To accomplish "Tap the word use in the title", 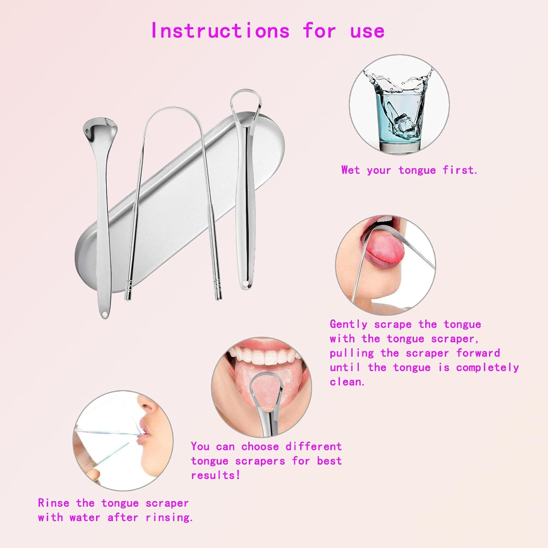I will pyautogui.click(x=367, y=31).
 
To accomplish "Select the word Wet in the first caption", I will pyautogui.click(x=350, y=170).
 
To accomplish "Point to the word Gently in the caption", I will pyautogui.click(x=349, y=324).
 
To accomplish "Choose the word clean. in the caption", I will pyautogui.click(x=347, y=382).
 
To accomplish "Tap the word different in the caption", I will pyautogui.click(x=313, y=446).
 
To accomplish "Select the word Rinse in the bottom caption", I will pyautogui.click(x=53, y=503).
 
